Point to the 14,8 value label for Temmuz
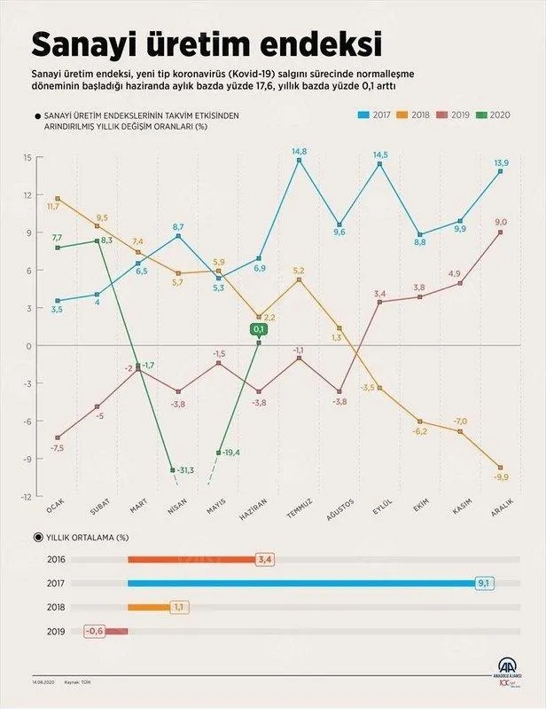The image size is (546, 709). pyautogui.click(x=299, y=151)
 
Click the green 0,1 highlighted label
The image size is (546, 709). pyautogui.click(x=259, y=329)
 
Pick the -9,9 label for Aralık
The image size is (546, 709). pyautogui.click(x=501, y=477)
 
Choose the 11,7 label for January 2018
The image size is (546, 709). pyautogui.click(x=52, y=206)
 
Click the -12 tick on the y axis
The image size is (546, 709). pyautogui.click(x=27, y=497)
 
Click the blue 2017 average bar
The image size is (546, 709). pyautogui.click(x=301, y=583)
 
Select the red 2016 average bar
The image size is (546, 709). pyautogui.click(x=191, y=559)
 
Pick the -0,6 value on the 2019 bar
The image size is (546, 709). pyautogui.click(x=97, y=631)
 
